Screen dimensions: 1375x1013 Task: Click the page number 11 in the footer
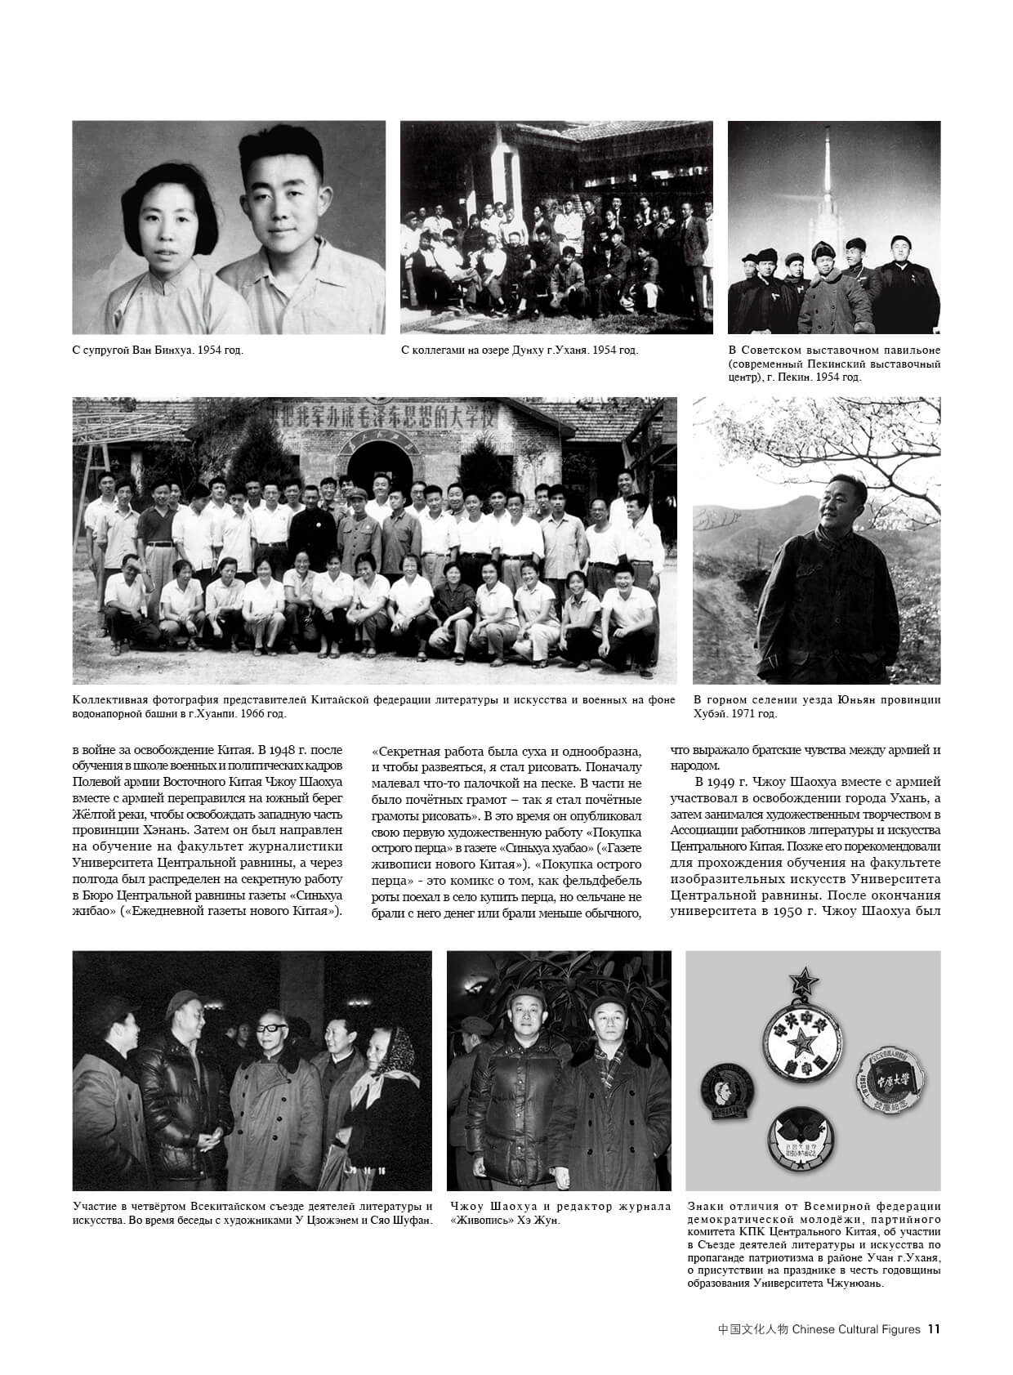[934, 1329]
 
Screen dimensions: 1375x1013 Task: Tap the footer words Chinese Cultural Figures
[857, 1329]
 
